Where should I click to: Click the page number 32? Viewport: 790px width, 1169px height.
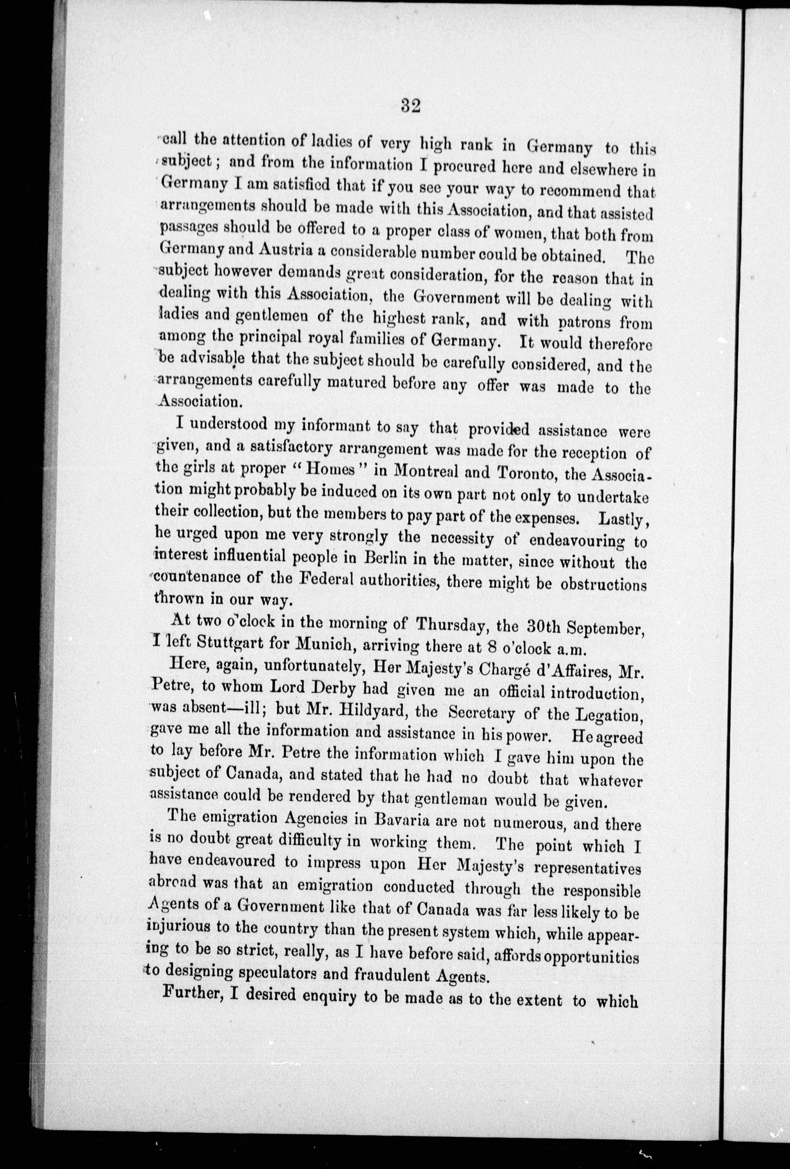[x=411, y=107]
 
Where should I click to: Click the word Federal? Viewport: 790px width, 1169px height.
[x=328, y=579]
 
